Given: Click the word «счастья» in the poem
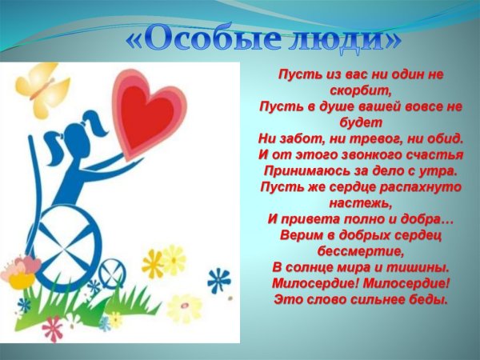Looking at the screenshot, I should coord(424,154).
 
